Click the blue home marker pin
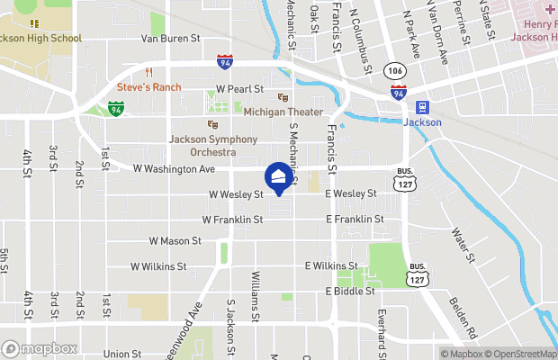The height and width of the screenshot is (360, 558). [279, 178]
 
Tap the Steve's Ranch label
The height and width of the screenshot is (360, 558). [149, 87]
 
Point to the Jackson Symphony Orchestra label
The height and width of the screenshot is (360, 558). [213, 146]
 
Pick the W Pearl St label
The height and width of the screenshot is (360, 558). [239, 89]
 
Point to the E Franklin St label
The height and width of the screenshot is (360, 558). [355, 219]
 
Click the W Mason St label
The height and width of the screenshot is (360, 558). [175, 241]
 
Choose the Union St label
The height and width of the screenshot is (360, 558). [122, 355]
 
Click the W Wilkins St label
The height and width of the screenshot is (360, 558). [158, 266]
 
